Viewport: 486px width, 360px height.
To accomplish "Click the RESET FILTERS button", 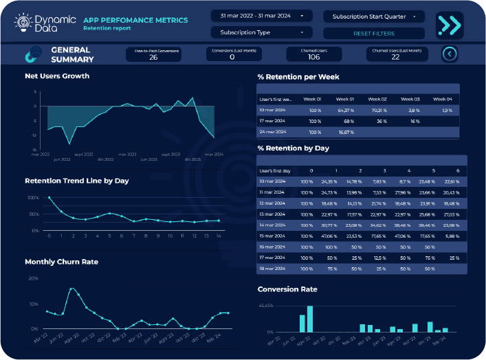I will (x=375, y=33).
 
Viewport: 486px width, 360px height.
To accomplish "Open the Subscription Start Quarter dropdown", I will (x=374, y=16).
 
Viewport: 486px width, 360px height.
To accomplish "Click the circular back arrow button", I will (x=450, y=54).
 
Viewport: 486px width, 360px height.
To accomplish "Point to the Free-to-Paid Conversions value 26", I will (x=153, y=57).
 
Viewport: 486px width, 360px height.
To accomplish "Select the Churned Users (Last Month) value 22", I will (x=395, y=57).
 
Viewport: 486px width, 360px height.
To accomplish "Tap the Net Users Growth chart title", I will (x=57, y=76).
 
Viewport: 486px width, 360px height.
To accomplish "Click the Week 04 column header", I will (x=443, y=99).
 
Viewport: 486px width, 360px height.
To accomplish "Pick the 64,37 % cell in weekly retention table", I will (x=346, y=110).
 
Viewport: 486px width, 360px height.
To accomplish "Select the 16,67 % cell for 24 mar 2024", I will (x=346, y=132).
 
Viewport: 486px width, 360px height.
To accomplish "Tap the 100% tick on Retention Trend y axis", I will (x=32, y=198).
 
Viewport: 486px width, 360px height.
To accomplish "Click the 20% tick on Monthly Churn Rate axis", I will (x=33, y=279).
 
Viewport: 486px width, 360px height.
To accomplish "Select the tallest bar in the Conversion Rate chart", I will (x=310, y=319).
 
